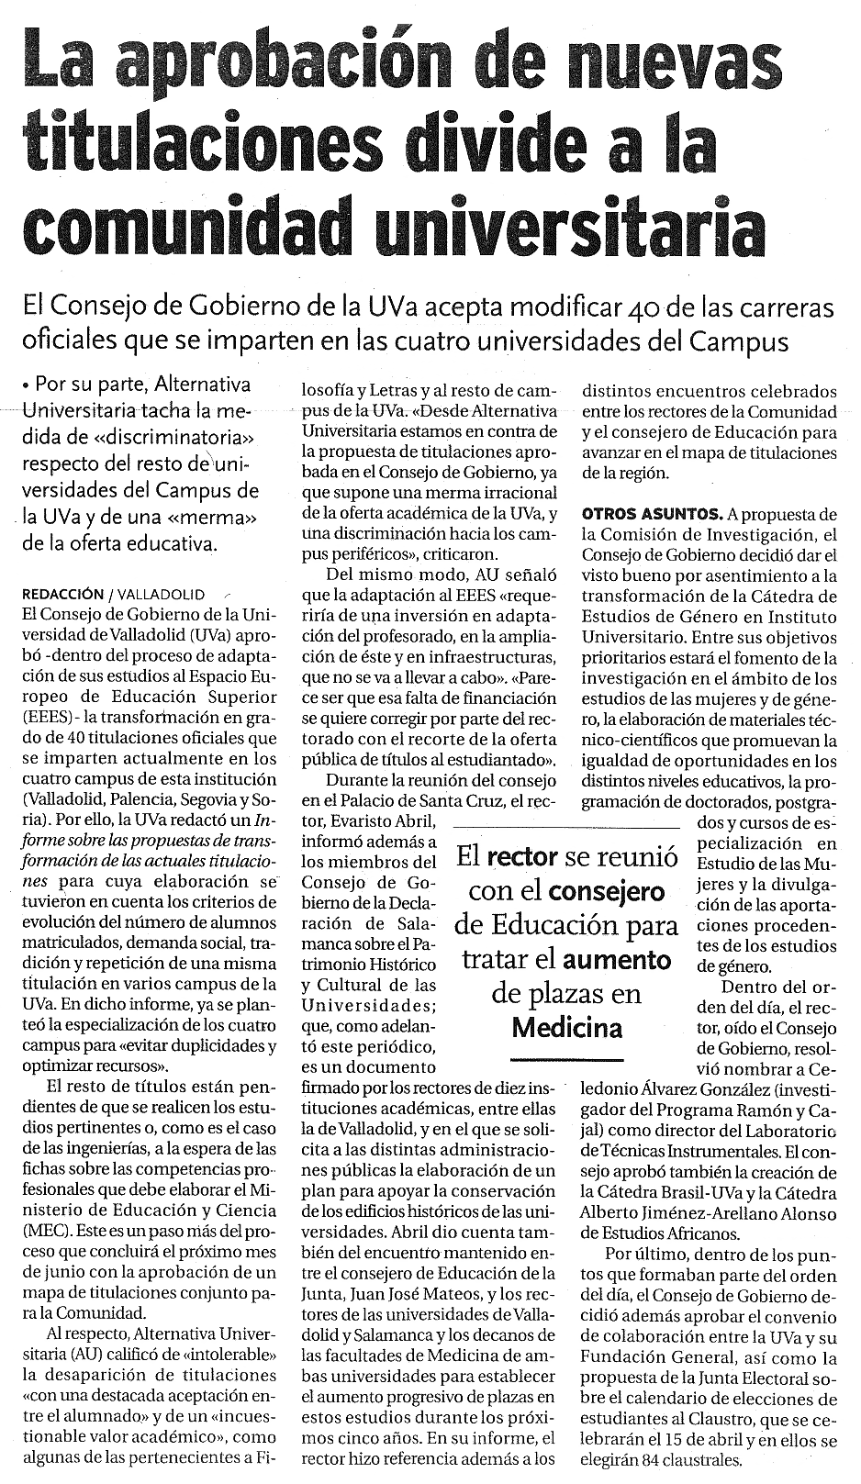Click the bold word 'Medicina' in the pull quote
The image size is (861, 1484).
pyautogui.click(x=566, y=1027)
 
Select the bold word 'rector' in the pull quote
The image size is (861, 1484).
pyautogui.click(x=522, y=857)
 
